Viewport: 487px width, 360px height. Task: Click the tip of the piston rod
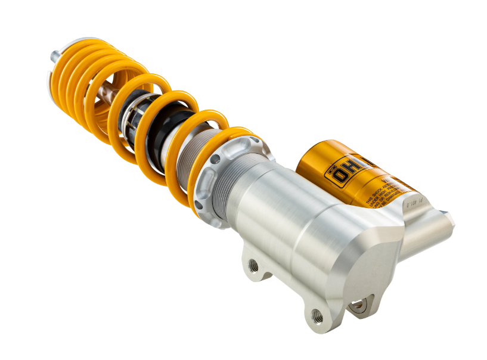point(54,56)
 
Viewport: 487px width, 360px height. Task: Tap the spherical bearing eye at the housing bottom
point(358,306)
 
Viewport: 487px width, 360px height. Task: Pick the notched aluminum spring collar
point(229,179)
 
